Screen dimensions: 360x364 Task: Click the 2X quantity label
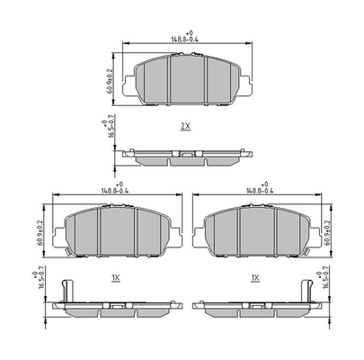coord(185,127)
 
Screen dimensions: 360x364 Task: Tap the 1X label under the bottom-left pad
coord(115,279)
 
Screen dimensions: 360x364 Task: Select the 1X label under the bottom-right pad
coord(255,279)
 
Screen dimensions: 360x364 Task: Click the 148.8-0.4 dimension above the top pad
coord(186,39)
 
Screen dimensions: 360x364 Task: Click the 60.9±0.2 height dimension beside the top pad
coord(110,80)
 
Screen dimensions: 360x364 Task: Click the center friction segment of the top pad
coord(186,77)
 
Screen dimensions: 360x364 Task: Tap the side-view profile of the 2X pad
coord(186,154)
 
